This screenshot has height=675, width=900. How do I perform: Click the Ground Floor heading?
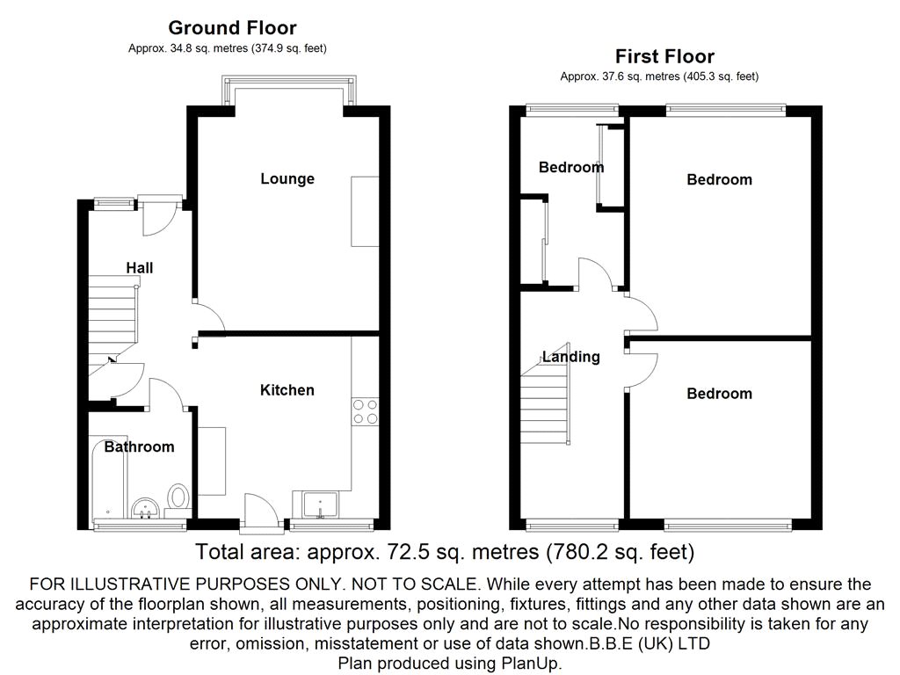232,27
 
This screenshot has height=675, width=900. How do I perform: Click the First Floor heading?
664,56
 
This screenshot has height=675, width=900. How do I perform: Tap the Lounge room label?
287,178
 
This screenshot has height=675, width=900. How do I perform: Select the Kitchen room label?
287,390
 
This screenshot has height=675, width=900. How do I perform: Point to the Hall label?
140,267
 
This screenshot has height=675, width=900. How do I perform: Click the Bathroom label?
139,446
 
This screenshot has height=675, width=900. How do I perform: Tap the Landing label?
571,357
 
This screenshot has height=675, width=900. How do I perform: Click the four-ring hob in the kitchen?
365,411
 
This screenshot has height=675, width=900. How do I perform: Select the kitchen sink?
321,505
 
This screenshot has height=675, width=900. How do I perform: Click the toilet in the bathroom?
178,499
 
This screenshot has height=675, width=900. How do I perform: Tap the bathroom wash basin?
145,508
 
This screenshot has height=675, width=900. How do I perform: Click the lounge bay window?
288,91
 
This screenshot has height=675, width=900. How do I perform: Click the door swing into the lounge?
209,315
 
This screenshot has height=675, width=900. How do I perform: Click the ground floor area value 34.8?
181,49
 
